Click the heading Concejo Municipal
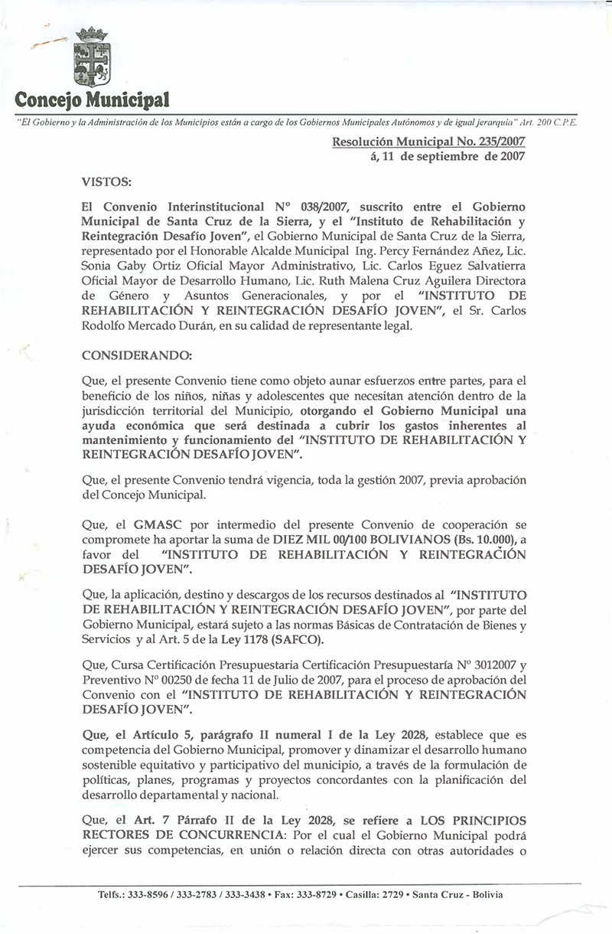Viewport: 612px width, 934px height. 93,100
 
